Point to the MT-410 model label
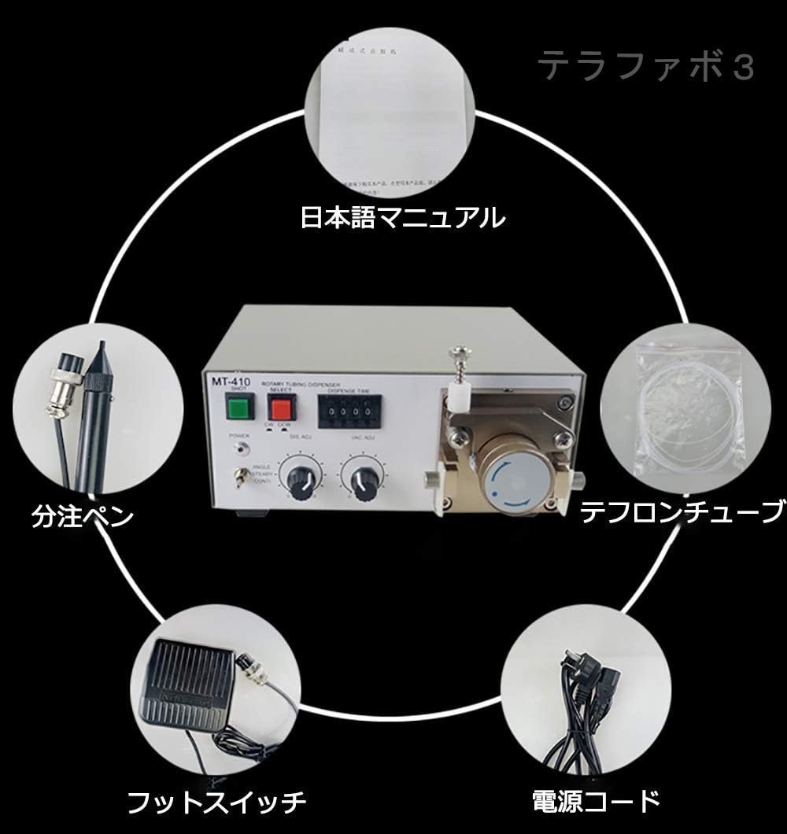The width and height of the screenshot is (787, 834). [224, 380]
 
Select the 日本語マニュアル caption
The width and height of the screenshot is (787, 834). [402, 217]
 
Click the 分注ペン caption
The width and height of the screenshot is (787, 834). [82, 516]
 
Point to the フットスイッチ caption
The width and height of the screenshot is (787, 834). [216, 803]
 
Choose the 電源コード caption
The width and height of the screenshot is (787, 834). [596, 802]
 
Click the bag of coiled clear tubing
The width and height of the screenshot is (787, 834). [687, 409]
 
